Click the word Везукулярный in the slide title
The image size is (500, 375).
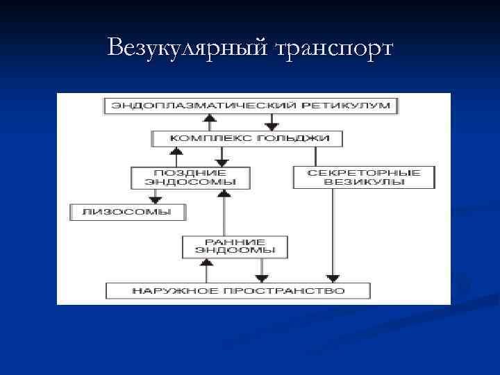point(187,48)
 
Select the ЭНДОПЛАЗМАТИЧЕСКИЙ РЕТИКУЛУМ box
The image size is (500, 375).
point(251,106)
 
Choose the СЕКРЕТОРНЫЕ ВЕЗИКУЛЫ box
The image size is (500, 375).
point(365,176)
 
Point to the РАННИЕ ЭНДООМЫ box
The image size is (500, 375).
point(235,246)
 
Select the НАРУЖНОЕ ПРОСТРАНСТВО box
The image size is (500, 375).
point(238,290)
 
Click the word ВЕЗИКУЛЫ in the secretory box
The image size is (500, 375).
point(365,182)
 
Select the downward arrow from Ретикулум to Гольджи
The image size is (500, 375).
point(268,122)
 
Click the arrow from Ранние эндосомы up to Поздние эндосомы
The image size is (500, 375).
point(224,212)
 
